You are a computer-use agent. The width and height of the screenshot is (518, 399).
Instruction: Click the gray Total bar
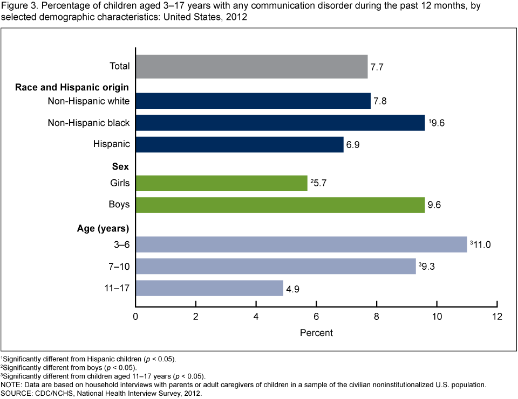(x=251, y=66)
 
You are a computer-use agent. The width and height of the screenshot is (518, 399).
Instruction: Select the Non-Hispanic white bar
(x=253, y=101)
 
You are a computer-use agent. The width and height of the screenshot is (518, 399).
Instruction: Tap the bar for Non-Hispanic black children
(x=280, y=123)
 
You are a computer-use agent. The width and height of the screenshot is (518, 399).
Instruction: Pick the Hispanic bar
(x=240, y=144)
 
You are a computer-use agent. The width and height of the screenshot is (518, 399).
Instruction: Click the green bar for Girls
(x=221, y=183)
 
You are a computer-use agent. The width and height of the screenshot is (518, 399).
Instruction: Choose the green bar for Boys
(x=280, y=205)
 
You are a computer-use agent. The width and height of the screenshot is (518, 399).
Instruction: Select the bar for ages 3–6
(x=301, y=244)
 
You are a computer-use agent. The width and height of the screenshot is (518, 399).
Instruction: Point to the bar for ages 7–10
(x=276, y=266)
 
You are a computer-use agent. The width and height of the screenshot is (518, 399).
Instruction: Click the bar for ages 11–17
(x=209, y=288)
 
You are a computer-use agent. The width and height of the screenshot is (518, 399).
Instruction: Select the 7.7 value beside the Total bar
(x=377, y=67)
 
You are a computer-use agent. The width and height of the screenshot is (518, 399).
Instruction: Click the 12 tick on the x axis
(x=497, y=316)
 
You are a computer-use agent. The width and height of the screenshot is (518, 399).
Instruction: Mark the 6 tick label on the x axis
(x=316, y=316)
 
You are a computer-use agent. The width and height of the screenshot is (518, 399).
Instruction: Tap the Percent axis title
(x=316, y=333)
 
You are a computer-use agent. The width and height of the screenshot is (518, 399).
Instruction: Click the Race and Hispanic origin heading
(x=72, y=87)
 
